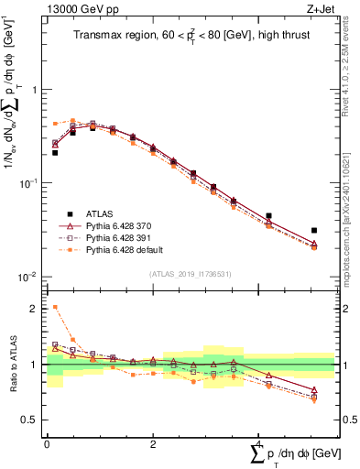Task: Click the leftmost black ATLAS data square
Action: click(55, 153)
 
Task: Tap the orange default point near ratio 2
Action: click(55, 308)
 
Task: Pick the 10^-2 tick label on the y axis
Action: click(29, 277)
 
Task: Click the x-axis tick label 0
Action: click(47, 442)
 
